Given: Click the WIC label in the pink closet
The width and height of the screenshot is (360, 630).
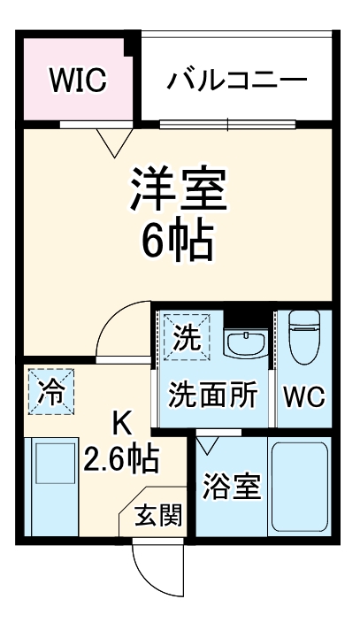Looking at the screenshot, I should (78, 81).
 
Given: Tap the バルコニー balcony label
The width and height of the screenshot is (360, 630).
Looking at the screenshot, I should (237, 81).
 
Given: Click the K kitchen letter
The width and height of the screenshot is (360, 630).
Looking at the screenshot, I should (121, 426).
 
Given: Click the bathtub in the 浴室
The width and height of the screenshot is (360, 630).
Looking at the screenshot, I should (298, 488).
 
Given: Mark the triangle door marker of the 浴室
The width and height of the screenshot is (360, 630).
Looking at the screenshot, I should (210, 445).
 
